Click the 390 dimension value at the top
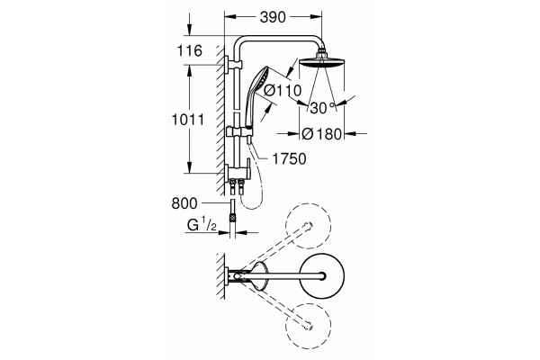point(273,17)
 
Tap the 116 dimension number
point(189,51)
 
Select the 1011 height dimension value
point(188,120)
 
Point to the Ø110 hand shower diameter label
point(283,91)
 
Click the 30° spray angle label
point(322,108)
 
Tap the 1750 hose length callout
point(289,159)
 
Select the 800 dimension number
point(184,203)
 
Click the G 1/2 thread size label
point(202,225)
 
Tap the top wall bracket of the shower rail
point(233,64)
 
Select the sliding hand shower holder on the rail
point(240,131)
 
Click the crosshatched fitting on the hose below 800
point(233,218)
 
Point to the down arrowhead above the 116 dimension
point(189,30)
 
